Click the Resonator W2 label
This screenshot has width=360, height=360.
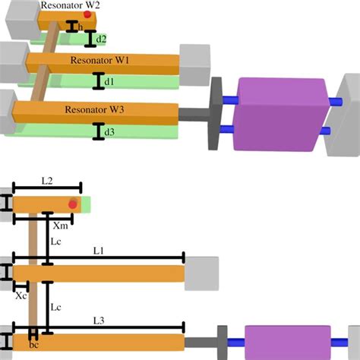pyautogui.click(x=70, y=5)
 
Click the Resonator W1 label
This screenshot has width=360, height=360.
pyautogui.click(x=99, y=60)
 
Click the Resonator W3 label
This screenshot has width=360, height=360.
pyautogui.click(x=94, y=109)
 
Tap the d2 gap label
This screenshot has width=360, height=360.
pyautogui.click(x=101, y=39)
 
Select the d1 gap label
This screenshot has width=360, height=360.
pyautogui.click(x=109, y=81)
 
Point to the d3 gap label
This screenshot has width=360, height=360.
pyautogui.click(x=109, y=132)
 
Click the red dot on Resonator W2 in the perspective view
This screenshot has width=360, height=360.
pyautogui.click(x=87, y=14)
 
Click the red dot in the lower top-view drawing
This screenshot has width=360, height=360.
pyautogui.click(x=73, y=204)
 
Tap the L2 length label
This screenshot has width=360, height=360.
pyautogui.click(x=47, y=181)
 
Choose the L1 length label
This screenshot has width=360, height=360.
pyautogui.click(x=99, y=251)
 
